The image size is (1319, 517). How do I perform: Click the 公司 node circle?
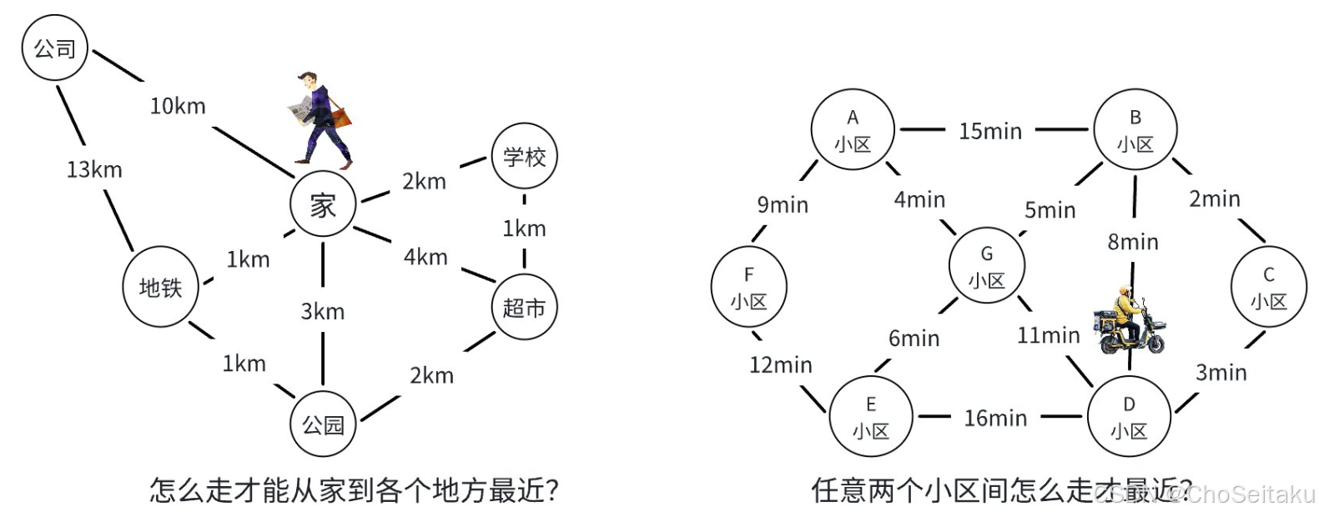click(x=54, y=48)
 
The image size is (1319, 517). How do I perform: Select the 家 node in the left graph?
click(x=323, y=204)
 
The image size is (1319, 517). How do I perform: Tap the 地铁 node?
click(x=160, y=288)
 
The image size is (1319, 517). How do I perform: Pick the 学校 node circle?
click(x=524, y=157)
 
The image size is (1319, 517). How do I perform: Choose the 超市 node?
click(x=524, y=308)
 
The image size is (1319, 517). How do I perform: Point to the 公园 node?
click(x=323, y=424)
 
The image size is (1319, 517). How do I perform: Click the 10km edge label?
click(x=178, y=106)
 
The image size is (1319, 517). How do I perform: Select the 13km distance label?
click(x=94, y=169)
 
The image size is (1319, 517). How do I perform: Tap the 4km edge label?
click(x=425, y=257)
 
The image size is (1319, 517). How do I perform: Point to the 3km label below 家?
click(x=323, y=311)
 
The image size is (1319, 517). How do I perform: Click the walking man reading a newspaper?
click(x=320, y=118)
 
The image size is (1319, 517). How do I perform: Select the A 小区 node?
click(x=853, y=130)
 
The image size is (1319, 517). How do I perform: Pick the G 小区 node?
click(x=986, y=267)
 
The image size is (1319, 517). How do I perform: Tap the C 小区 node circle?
click(x=1268, y=288)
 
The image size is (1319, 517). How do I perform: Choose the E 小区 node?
click(x=871, y=417)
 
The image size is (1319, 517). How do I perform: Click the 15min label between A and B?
click(x=990, y=131)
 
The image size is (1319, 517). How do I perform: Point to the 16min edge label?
click(x=995, y=418)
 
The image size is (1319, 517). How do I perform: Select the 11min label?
click(x=1048, y=335)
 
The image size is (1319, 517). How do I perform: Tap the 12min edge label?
click(x=780, y=364)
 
